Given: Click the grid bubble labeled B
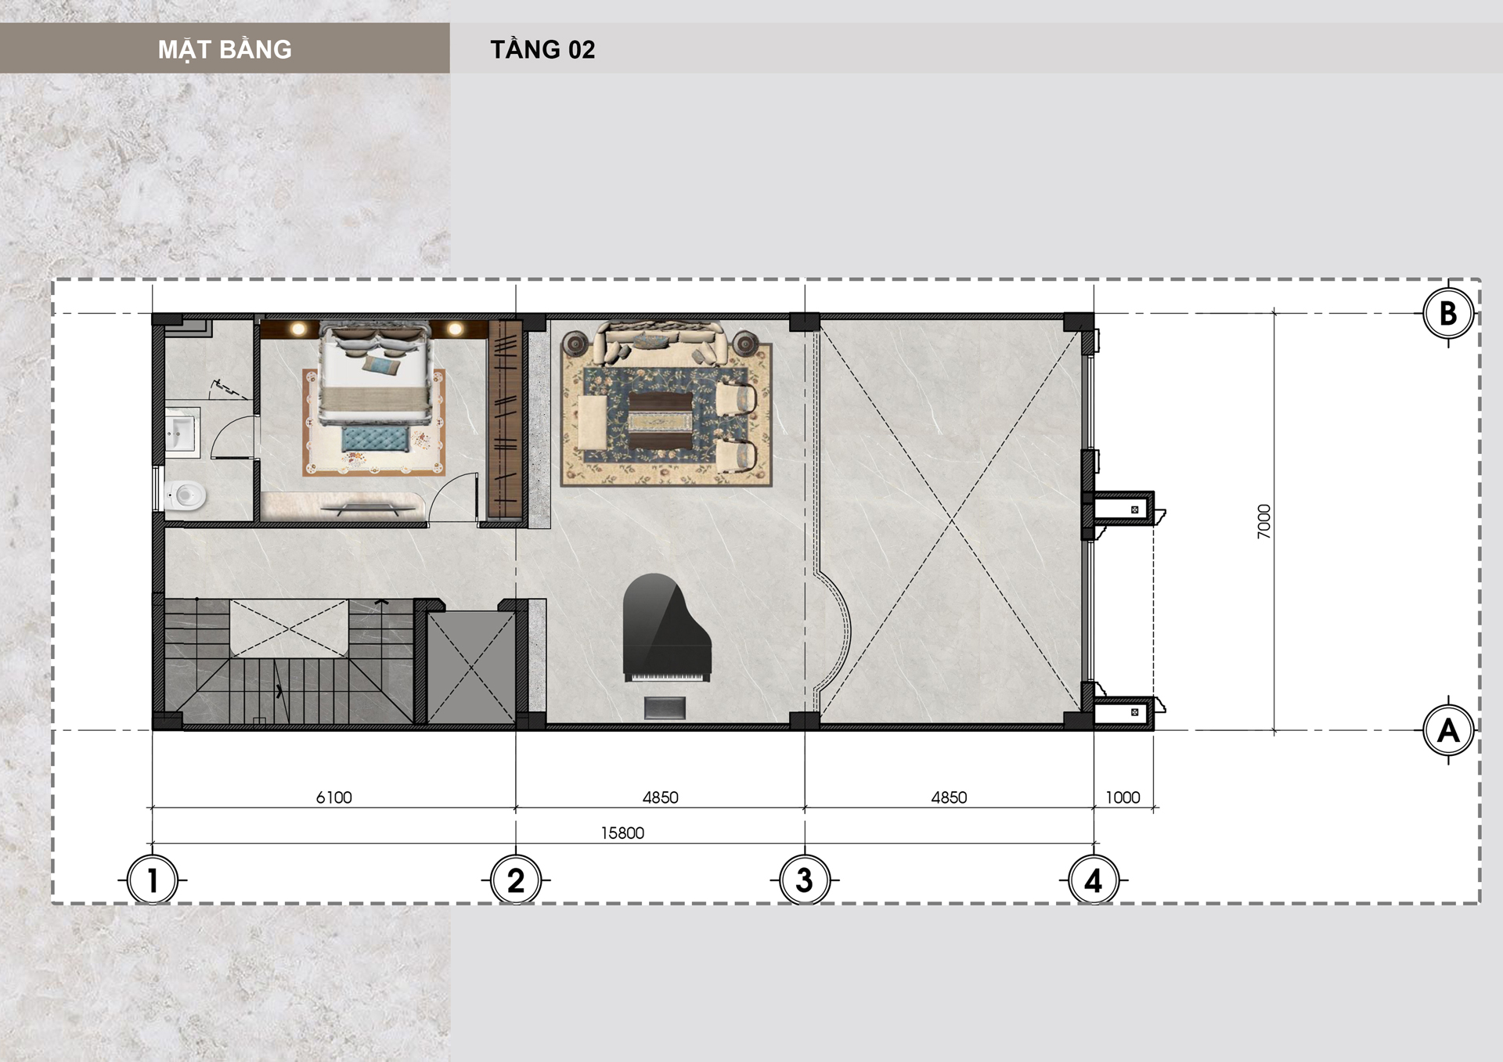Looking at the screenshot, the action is click(1448, 313).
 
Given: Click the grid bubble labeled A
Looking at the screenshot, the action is click(1448, 730).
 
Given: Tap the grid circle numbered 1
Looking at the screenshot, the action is click(153, 880).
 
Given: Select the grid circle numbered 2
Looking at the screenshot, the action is click(516, 880).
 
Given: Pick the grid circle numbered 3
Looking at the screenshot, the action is click(805, 880).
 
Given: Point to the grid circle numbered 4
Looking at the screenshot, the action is click(1094, 880).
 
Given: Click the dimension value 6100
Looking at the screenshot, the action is click(334, 797).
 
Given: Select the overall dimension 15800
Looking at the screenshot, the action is click(622, 833).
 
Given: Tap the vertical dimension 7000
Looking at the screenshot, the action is click(1264, 521).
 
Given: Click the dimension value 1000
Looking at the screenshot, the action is click(1123, 797).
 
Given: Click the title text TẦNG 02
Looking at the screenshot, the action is click(542, 49).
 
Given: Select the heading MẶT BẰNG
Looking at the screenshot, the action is click(225, 49).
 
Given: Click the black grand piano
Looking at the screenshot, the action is click(666, 628).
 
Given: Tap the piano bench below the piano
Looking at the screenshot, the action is click(665, 707).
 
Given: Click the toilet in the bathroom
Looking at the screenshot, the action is click(186, 495).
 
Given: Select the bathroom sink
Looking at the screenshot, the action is click(182, 431).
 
